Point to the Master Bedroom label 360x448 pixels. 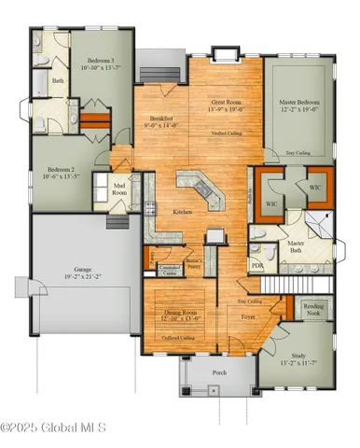(x=301, y=104)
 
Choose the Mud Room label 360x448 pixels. (x=104, y=187)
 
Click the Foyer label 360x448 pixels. (x=247, y=317)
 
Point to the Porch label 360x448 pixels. (x=219, y=371)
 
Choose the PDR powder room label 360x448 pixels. (x=257, y=265)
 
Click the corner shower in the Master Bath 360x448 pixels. (x=317, y=222)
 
